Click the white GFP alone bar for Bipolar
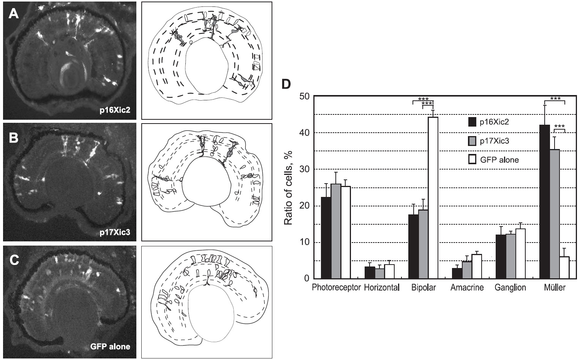[433, 198]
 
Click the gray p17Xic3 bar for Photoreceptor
[336, 232]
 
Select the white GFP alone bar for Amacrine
[476, 266]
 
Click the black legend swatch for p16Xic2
[472, 122]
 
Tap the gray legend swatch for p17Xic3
[472, 141]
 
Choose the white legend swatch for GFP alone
[472, 160]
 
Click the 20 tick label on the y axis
[305, 206]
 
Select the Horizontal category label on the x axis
[382, 288]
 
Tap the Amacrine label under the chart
[467, 288]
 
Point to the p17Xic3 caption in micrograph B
[115, 232]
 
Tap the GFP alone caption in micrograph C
[110, 346]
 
